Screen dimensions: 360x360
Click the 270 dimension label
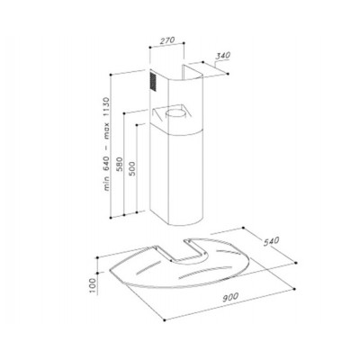167,40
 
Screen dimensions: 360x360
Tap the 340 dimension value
223,56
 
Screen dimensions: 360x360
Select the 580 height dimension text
120,164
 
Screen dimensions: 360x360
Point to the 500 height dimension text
132,168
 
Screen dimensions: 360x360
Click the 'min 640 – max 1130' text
107,144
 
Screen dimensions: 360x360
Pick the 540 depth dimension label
272,241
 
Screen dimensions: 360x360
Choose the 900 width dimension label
230,297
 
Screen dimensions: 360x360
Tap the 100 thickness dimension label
93,285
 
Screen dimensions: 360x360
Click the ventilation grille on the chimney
153,81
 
